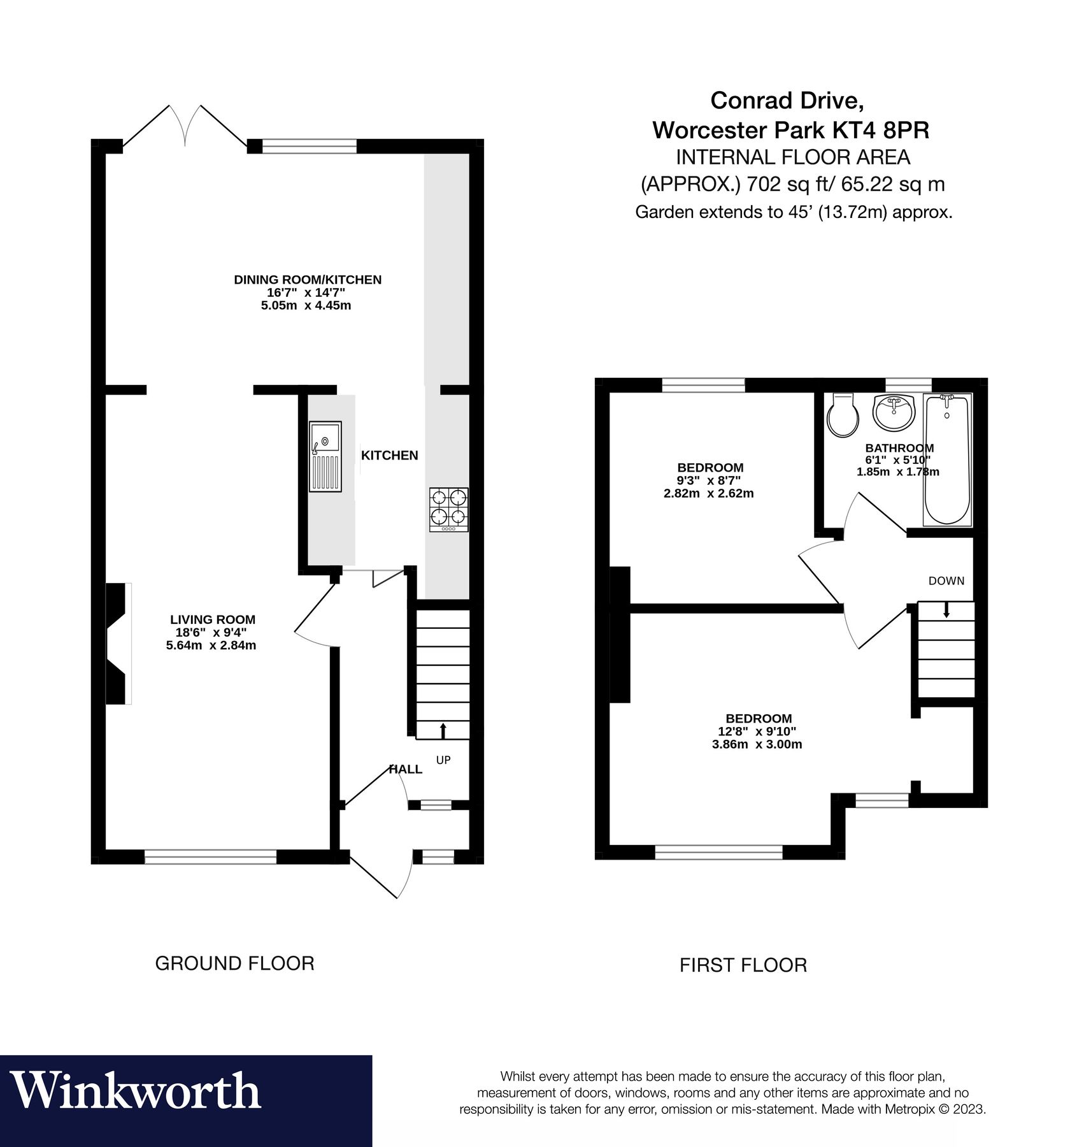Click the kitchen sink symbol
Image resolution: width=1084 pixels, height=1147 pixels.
(x=325, y=456)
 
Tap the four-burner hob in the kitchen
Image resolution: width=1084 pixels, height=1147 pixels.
(x=449, y=510)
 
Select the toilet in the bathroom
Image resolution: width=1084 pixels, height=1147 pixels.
(x=843, y=415)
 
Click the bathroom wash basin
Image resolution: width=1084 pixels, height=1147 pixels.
(x=894, y=412)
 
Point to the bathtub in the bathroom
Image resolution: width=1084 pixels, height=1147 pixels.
(x=947, y=459)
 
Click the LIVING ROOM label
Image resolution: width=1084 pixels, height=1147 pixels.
(x=212, y=619)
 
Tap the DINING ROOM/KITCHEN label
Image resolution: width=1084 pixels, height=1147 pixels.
(x=308, y=279)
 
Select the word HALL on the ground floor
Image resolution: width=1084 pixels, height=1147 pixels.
(x=406, y=769)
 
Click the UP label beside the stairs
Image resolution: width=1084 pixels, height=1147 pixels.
(x=443, y=760)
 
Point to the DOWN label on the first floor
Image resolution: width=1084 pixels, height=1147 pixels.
(x=946, y=581)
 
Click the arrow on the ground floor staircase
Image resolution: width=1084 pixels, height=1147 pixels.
(x=443, y=730)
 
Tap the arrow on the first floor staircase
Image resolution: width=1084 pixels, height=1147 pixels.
(x=946, y=610)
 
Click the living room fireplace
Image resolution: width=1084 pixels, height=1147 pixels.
(x=118, y=644)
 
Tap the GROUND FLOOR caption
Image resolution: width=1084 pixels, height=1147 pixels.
(x=234, y=963)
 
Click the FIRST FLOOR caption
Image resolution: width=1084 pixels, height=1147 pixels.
(x=743, y=965)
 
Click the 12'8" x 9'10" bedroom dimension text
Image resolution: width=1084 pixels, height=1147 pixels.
(x=757, y=732)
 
